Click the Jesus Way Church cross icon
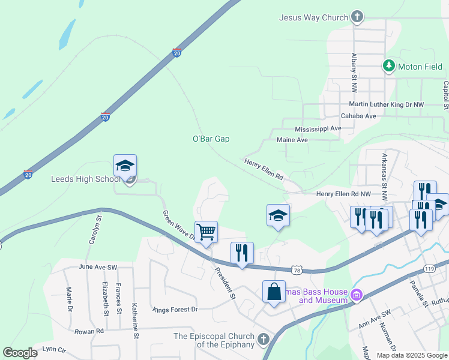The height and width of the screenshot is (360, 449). (x=357, y=17)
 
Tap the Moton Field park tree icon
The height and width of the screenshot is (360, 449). (x=389, y=66)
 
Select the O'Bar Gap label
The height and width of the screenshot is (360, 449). (x=211, y=139)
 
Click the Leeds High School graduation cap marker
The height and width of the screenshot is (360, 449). (x=125, y=166)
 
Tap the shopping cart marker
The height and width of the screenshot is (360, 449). (x=206, y=232)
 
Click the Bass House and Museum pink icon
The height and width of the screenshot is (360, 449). (x=357, y=295)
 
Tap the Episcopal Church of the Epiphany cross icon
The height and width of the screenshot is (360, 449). (x=263, y=340)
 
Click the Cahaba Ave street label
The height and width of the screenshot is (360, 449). (x=358, y=116)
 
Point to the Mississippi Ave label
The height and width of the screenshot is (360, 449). (x=318, y=129)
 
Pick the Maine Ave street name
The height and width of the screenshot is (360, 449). (x=292, y=140)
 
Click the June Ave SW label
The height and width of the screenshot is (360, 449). (x=98, y=266)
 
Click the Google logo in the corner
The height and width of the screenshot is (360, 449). (x=20, y=353)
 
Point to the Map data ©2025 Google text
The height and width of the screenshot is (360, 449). (x=412, y=355)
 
